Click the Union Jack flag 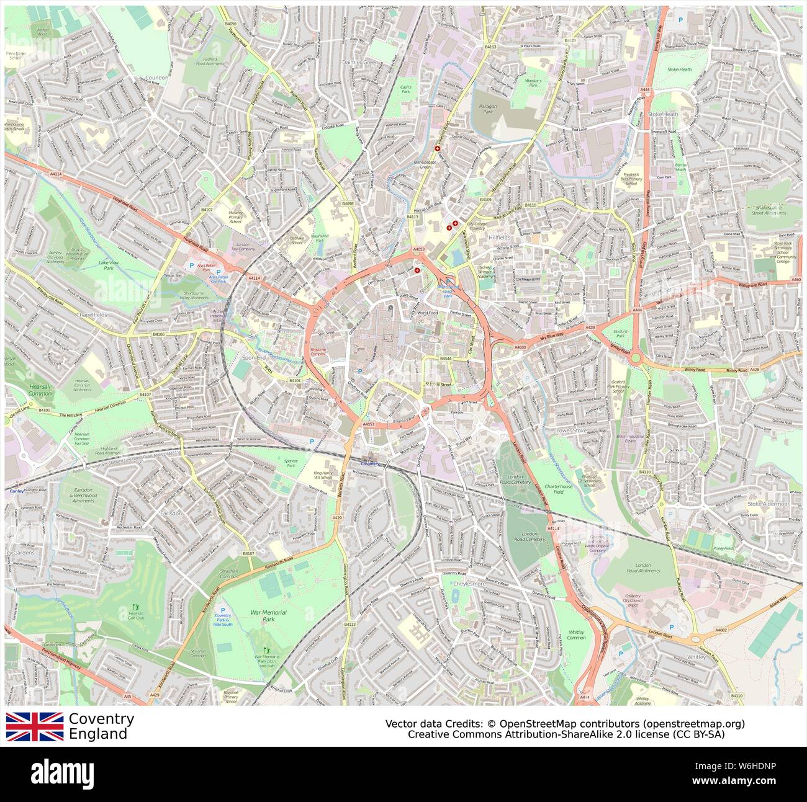35,726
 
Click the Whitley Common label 576,635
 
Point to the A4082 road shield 721,630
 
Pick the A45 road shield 127,697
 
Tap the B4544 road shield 445,359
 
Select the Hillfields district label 498,238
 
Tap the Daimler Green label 359,63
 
